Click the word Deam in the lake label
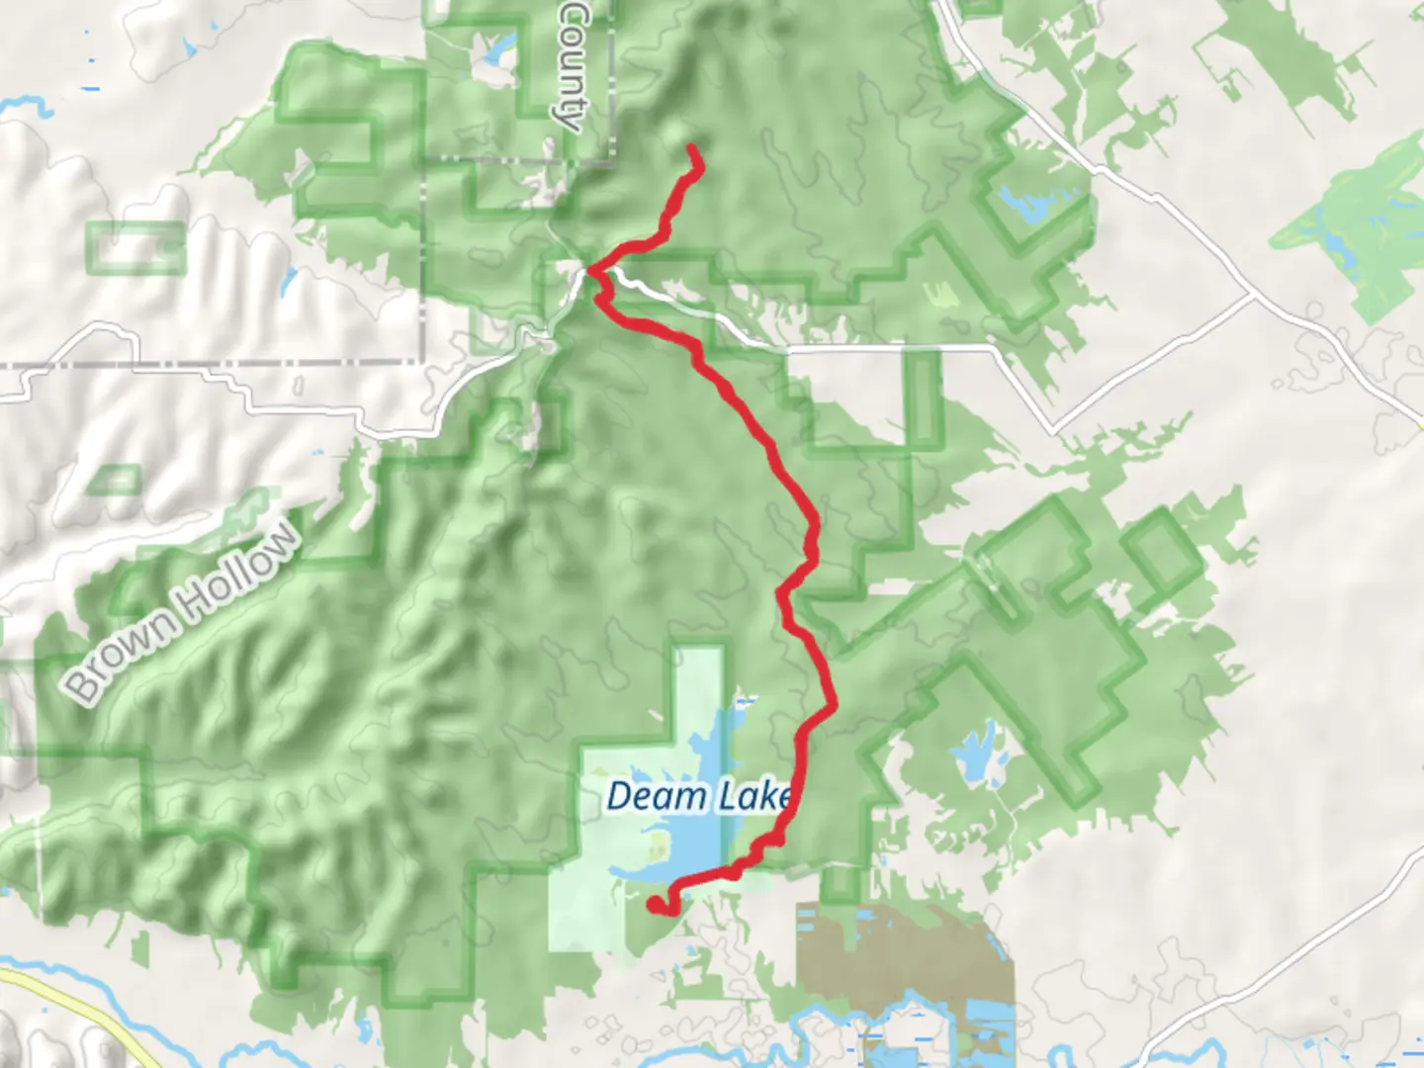tap(644, 796)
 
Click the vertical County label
tap(573, 64)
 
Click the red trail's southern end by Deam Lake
tap(655, 903)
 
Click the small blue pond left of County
tap(499, 47)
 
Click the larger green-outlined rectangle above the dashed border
tap(137, 247)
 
